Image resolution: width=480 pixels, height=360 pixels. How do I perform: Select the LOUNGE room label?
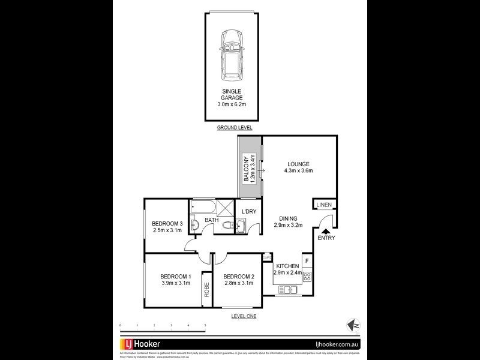point(298,163)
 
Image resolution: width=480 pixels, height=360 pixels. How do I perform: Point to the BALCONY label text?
point(246,169)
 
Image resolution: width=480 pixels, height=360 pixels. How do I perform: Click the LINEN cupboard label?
point(324,205)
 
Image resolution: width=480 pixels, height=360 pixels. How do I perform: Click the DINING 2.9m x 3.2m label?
point(288,221)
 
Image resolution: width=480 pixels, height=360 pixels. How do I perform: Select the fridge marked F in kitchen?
point(307,261)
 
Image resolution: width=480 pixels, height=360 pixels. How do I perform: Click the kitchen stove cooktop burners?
point(307,277)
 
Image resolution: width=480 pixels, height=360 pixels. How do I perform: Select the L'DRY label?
point(248,212)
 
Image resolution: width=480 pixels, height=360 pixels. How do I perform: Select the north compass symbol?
point(351,325)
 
